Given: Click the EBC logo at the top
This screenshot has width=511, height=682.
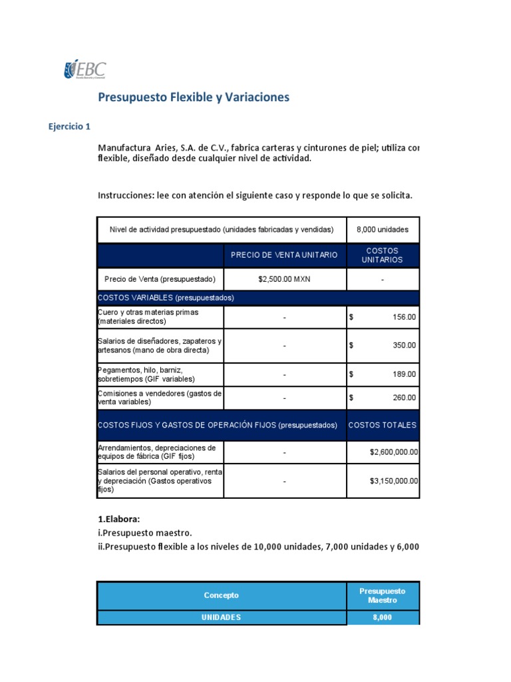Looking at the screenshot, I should click(85, 69).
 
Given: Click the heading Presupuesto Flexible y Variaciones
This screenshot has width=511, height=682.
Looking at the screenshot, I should click(194, 97).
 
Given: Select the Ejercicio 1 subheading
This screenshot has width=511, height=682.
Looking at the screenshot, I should click(70, 127).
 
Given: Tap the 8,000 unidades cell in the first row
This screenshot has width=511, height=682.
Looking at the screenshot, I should click(383, 230).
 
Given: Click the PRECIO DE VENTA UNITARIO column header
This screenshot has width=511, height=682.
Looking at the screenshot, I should click(284, 255).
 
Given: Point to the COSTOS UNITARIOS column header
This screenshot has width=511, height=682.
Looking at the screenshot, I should click(383, 255).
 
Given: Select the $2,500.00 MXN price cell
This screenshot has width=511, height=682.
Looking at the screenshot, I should click(284, 279).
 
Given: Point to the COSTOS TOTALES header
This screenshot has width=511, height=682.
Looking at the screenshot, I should click(383, 425).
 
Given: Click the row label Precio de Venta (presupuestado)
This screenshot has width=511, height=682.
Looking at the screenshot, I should click(160, 279).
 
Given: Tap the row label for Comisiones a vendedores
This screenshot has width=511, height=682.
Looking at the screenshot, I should click(160, 398).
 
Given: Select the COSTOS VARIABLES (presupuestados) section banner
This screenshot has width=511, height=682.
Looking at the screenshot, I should click(166, 298).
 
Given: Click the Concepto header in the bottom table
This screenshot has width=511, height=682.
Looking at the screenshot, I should click(222, 595).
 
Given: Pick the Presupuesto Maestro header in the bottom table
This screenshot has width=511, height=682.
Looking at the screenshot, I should click(383, 595).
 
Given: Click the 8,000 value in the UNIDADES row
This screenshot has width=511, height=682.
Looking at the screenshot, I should click(383, 617).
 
